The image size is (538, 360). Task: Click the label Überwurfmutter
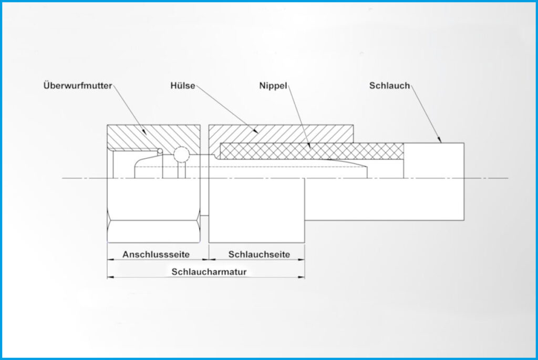coord(78,86)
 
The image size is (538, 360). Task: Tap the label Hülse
coord(183,86)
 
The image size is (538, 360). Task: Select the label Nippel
coord(273,86)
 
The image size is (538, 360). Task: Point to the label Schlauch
coord(389,86)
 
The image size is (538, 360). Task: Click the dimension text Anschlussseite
coord(156,254)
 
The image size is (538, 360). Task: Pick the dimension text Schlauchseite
coord(259,254)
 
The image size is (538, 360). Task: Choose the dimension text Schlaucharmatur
coord(209,272)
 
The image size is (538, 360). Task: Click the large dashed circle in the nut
coord(181,155)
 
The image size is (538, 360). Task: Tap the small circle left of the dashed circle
coord(160,151)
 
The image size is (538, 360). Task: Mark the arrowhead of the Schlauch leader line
coord(440,140)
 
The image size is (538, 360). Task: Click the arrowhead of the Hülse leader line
coord(256,131)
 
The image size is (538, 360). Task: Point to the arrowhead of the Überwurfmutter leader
coord(145,132)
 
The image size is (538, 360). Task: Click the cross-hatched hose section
coord(312,151)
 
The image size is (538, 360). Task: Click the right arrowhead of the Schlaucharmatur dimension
coord(302,277)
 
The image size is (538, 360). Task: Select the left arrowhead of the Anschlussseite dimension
coord(110,260)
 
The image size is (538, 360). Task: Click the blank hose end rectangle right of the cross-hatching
coord(433,160)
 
